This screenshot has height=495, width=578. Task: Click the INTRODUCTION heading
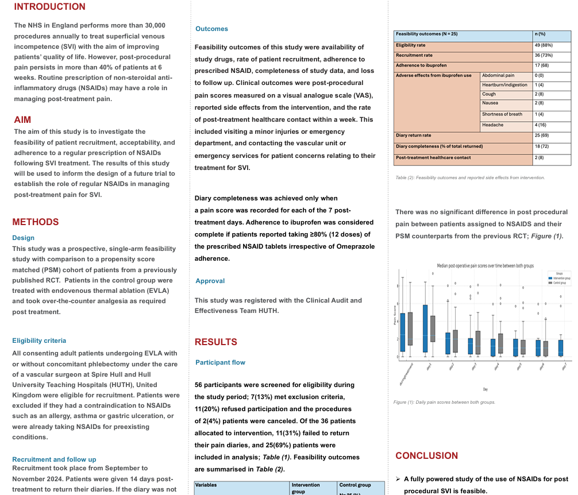tap(49, 7)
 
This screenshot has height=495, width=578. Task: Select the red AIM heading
tap(22, 120)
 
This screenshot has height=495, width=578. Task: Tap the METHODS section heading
tap(35, 222)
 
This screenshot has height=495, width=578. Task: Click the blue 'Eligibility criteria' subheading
tap(39, 341)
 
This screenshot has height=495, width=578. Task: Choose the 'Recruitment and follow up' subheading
tap(54, 459)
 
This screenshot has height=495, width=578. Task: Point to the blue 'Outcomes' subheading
tap(211, 29)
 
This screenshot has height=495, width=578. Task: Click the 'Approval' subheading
tap(210, 281)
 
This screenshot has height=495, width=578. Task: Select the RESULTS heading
tap(215, 342)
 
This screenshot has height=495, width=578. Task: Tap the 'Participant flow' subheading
tap(220, 362)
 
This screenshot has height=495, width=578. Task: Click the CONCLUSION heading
tap(426, 456)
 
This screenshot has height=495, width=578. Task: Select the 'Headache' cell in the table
tap(493, 125)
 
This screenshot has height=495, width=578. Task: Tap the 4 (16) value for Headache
tap(541, 125)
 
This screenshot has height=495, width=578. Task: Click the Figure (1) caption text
tap(444, 402)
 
